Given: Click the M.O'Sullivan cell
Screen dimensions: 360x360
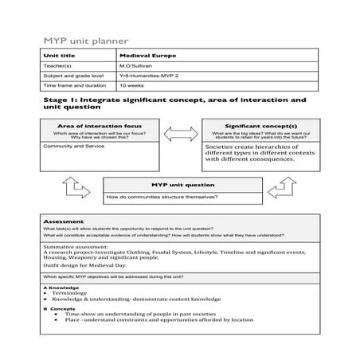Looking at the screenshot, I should [x=136, y=66].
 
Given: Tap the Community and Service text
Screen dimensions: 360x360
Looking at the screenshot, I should [x=70, y=147].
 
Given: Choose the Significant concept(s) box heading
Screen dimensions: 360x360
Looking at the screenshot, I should [x=260, y=125].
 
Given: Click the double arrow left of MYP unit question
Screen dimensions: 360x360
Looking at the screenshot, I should [x=72, y=187].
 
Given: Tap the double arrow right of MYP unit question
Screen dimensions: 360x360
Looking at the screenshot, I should [x=282, y=188].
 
